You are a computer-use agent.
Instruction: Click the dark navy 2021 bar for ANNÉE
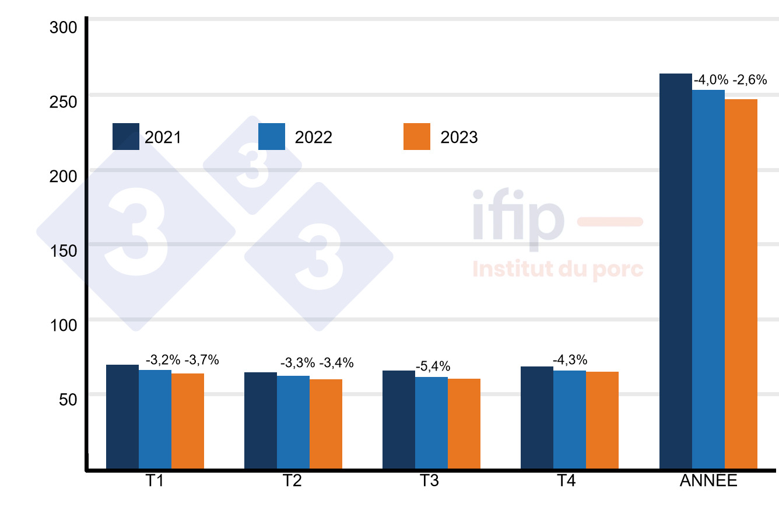coord(675,271)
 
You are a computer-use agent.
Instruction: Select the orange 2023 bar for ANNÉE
coord(741,284)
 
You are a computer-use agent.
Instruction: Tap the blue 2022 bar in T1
coord(155,419)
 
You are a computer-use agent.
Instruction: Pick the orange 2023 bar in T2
coord(326,424)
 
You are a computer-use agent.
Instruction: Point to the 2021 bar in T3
coord(399,420)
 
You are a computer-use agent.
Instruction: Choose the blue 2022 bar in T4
coord(570,420)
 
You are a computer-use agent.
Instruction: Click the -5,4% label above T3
coord(433,367)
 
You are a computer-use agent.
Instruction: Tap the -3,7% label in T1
coord(201,360)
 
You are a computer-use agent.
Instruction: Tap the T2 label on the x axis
coord(292,481)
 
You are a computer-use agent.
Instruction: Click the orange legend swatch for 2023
coord(417,137)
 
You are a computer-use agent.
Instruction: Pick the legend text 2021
coord(163,137)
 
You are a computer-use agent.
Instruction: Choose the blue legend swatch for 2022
coord(272,137)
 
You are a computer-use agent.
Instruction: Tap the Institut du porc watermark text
coord(557,270)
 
